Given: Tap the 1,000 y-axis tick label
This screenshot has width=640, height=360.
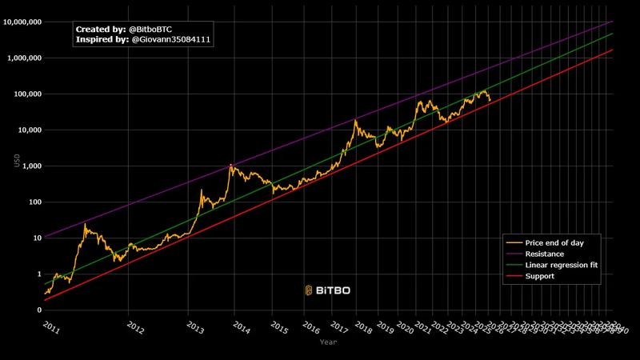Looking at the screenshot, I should [31, 166].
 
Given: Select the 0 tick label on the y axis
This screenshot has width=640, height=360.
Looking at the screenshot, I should [38, 310].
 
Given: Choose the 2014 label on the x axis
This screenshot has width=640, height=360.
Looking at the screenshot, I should [241, 328].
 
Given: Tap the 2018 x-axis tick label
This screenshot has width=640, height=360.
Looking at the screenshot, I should [363, 328].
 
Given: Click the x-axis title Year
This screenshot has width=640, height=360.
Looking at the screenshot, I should [328, 342].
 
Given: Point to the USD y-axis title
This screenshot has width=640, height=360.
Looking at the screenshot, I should [16, 160].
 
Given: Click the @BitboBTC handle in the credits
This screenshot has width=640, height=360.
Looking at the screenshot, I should [150, 28].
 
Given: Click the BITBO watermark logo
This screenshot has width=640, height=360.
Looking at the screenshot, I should [327, 290].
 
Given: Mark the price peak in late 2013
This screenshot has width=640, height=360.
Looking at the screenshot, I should [231, 165].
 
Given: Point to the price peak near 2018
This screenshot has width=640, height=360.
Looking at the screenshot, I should [354, 121].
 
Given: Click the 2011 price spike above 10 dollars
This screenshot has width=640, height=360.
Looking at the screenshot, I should [85, 225].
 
